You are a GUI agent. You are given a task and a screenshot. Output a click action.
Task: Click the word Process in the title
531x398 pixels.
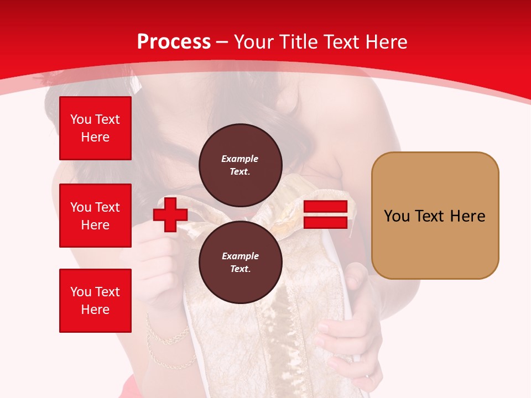(174, 42)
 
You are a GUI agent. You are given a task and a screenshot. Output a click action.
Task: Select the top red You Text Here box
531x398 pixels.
(95, 128)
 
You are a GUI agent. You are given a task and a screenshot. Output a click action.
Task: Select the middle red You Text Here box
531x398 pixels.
(95, 216)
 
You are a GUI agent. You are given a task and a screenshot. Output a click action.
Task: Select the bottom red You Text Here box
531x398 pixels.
(95, 301)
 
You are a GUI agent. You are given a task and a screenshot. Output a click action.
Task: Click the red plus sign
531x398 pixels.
(170, 214)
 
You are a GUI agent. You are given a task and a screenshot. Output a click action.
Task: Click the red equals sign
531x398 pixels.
(325, 214)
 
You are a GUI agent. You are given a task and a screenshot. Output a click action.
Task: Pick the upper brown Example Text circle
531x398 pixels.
(240, 165)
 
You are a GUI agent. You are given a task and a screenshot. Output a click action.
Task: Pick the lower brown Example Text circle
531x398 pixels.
(240, 262)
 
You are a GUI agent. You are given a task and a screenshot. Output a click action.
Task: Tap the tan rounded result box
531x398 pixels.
(435, 216)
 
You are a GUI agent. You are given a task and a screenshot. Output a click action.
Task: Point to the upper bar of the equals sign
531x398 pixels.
(325, 207)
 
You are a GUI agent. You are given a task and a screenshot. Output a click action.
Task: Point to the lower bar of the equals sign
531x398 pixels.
(325, 223)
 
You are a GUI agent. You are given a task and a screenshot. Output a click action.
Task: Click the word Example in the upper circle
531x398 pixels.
(240, 159)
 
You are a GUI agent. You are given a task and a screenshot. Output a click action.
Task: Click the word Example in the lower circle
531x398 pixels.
(240, 256)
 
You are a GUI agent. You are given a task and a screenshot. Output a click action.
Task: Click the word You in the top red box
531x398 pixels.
(81, 119)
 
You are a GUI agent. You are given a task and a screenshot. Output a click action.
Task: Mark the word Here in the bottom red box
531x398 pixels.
(95, 310)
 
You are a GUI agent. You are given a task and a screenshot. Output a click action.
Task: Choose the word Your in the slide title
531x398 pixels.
(253, 42)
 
